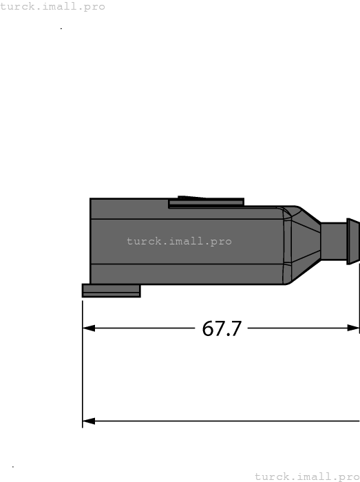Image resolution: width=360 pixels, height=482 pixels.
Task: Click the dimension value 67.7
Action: pos(222,328)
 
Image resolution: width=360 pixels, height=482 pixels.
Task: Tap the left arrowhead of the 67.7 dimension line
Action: pos(88,328)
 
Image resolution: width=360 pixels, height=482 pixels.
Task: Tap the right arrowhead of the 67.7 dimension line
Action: pos(354,328)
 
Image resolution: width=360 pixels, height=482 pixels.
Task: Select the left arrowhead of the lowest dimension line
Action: pos(88,421)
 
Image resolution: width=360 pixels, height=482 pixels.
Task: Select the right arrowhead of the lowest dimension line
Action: pos(355,421)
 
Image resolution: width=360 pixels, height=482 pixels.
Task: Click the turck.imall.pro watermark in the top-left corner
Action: pos(53,6)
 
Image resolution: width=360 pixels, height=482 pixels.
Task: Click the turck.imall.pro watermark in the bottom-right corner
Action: pos(307,476)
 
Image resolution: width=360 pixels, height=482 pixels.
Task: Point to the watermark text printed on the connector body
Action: pos(179,242)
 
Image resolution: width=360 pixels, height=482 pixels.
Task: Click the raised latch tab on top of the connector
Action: pos(206,202)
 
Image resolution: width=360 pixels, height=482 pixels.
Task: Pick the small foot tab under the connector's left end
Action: pos(111,291)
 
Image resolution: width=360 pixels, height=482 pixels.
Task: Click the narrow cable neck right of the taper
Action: pos(333,242)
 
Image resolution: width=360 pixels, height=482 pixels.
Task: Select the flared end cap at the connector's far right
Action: pos(352,242)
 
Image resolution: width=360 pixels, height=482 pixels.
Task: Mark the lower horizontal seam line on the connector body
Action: pos(186,264)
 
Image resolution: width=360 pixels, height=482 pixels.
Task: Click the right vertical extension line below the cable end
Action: pos(359,303)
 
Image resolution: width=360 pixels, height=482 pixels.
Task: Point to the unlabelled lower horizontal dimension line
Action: pos(220,421)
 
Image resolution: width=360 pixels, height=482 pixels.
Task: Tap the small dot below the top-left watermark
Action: pos(61,29)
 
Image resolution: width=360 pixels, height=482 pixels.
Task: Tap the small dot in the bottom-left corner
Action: pos(13,467)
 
